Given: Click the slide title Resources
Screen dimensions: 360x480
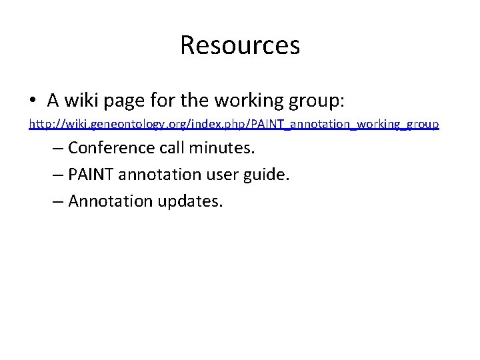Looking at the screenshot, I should [240, 45].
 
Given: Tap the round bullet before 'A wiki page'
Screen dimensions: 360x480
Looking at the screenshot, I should [33, 101].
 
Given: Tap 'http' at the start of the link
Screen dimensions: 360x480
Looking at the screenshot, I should [39, 124].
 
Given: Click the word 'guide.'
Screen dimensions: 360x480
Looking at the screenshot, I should [270, 175].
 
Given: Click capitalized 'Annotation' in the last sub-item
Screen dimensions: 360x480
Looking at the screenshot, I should [110, 201].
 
